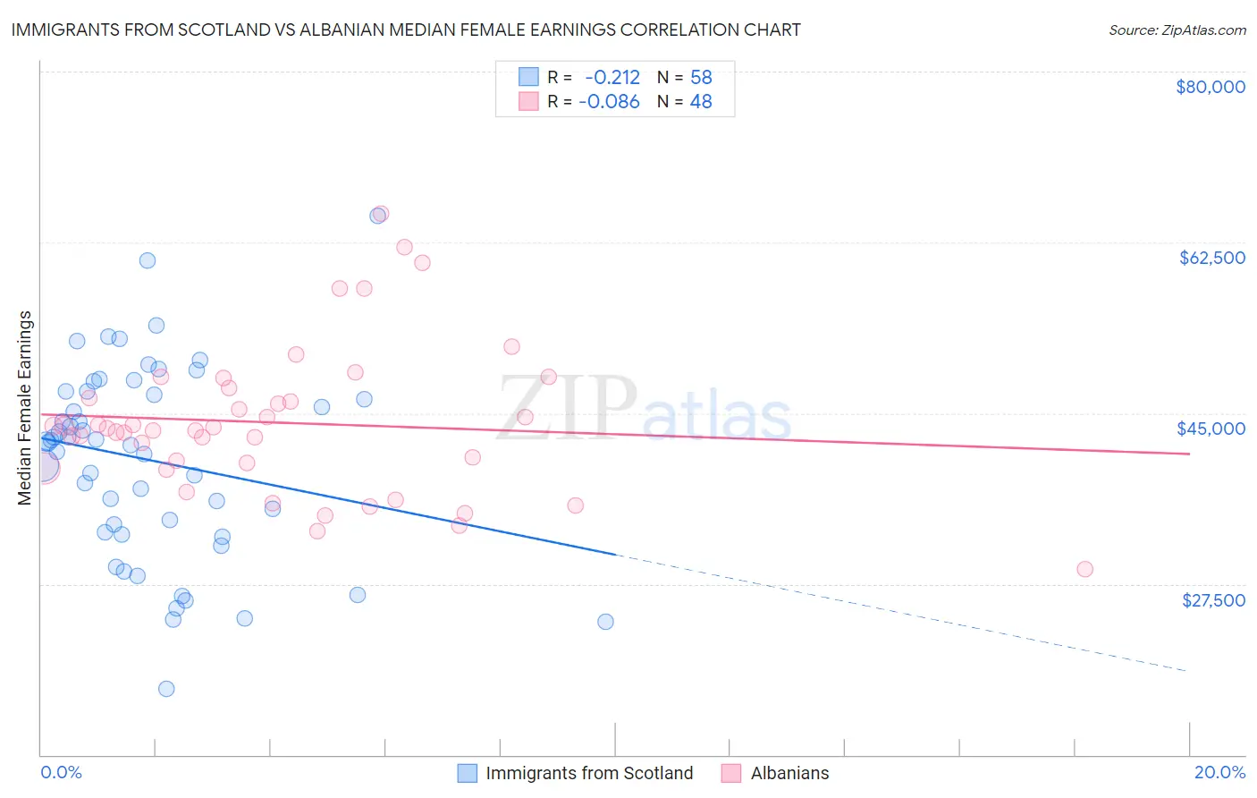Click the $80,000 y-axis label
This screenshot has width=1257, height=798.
(x=1211, y=87)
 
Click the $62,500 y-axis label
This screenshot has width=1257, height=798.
(x=1211, y=258)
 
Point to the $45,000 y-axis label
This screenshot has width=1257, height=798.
(x=1211, y=429)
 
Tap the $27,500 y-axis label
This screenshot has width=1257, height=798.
(x=1213, y=600)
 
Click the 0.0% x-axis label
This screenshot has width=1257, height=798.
(x=62, y=772)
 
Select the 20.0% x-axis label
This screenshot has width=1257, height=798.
(x=1219, y=772)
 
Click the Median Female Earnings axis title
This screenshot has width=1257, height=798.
(x=25, y=408)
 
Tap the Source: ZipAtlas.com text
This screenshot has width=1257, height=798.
(x=1177, y=30)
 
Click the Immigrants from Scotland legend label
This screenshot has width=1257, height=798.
(x=589, y=773)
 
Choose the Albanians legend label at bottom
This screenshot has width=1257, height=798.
(x=789, y=773)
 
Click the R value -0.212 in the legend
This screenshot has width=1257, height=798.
(x=612, y=78)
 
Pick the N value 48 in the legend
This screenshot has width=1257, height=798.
(x=701, y=102)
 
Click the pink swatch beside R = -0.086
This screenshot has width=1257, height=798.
(x=528, y=101)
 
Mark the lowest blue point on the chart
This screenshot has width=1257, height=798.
(x=166, y=689)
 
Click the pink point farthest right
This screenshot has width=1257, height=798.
(x=1084, y=569)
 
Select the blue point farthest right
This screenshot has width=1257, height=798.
(x=605, y=622)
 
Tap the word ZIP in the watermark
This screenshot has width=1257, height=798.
(x=567, y=408)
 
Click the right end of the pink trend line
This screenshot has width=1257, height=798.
(x=1189, y=454)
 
